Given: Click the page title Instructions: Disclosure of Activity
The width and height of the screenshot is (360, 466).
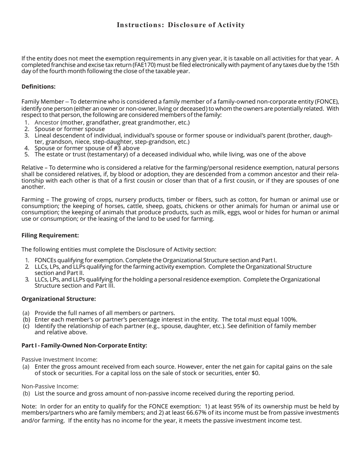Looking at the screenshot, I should pos(181,25).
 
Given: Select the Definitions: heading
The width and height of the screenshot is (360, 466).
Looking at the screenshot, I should pos(38,87).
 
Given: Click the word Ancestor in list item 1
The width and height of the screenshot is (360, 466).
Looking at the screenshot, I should pos(47,122).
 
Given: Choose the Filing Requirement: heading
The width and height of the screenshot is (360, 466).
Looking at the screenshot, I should pos(50,235).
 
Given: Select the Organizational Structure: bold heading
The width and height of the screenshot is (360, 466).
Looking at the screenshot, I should pos(58,299).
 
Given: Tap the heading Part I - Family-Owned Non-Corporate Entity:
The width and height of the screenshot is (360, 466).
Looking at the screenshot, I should pos(84,346).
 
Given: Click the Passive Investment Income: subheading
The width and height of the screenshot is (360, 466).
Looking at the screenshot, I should pos(59,360).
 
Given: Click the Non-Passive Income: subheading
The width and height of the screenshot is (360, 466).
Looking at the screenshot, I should pos(50,386).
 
